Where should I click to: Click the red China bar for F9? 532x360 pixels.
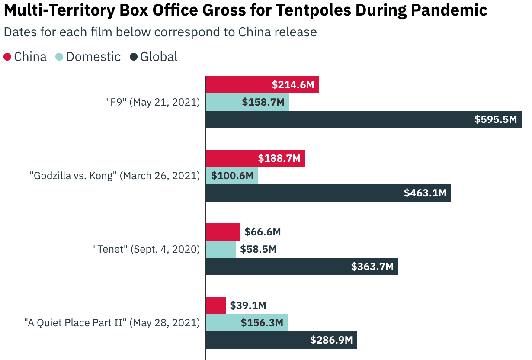238,85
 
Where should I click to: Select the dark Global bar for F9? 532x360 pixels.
337,119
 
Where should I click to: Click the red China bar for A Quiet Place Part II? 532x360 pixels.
215,305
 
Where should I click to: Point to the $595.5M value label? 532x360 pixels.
496,119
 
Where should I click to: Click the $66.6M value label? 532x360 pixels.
263,232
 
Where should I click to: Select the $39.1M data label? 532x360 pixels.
248,305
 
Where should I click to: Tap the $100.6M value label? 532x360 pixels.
232,176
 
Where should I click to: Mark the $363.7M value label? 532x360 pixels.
372,267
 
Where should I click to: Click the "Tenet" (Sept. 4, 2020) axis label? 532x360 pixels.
146,249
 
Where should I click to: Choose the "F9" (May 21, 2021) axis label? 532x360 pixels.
153,102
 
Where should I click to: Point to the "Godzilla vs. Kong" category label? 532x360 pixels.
115,176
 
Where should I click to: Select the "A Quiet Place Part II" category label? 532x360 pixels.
112,323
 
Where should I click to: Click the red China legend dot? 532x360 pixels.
7,57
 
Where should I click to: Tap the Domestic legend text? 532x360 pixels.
93,57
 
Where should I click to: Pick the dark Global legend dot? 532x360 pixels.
134,57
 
